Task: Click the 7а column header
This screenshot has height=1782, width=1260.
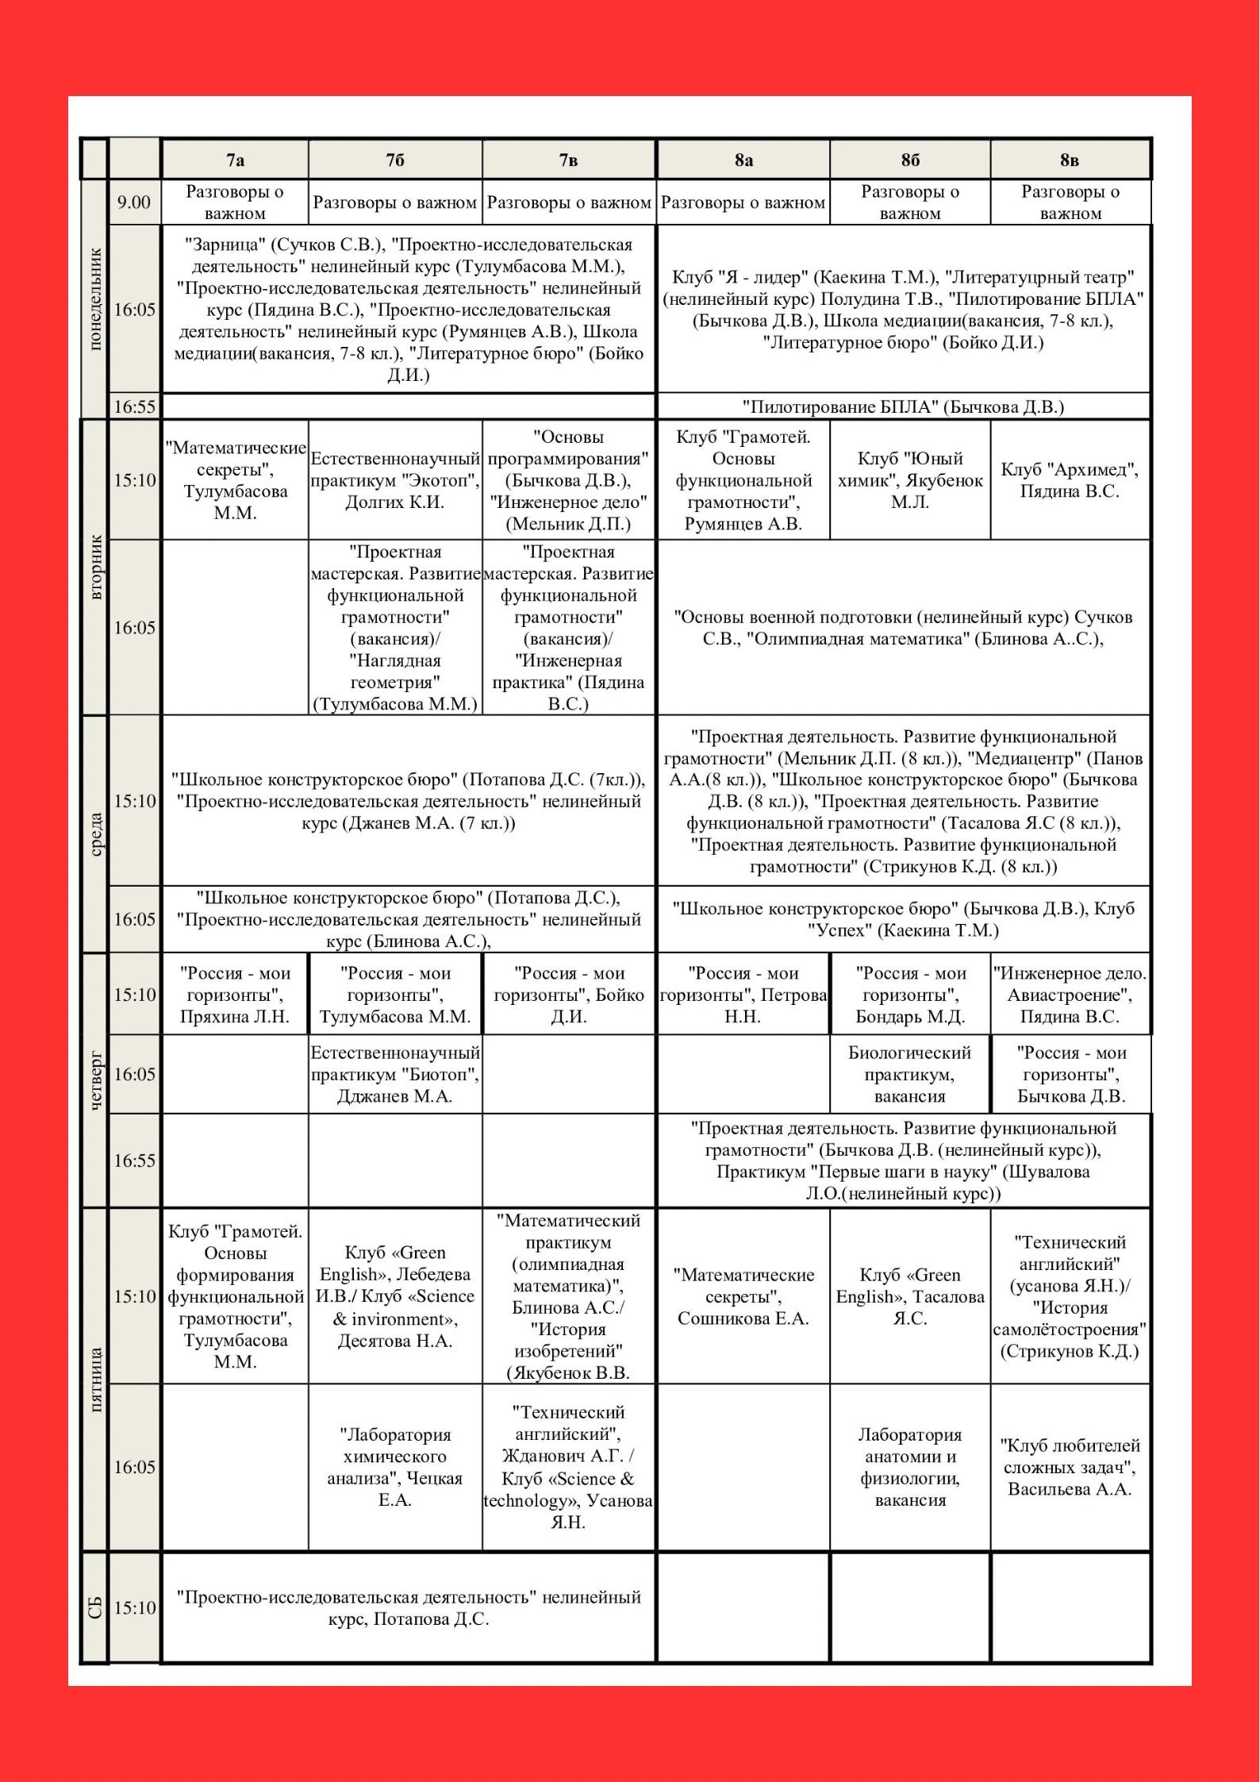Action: pyautogui.click(x=235, y=160)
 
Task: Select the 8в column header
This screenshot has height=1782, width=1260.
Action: pyautogui.click(x=1070, y=160)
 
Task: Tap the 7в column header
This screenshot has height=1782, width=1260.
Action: pyautogui.click(x=568, y=160)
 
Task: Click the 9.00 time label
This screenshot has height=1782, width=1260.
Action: pyautogui.click(x=133, y=202)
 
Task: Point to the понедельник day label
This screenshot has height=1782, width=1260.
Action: pyautogui.click(x=94, y=298)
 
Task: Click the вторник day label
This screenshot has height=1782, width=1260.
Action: pyautogui.click(x=94, y=567)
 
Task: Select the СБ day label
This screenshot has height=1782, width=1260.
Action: pyautogui.click(x=94, y=1608)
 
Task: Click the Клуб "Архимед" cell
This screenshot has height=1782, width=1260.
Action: pyautogui.click(x=1070, y=480)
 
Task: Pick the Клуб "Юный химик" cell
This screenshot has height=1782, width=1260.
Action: pyautogui.click(x=909, y=480)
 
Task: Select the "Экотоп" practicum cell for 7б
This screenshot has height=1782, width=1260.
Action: pyautogui.click(x=395, y=480)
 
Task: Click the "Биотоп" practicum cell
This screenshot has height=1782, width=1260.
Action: pyautogui.click(x=395, y=1074)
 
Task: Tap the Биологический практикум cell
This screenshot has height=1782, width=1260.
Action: pyautogui.click(x=909, y=1074)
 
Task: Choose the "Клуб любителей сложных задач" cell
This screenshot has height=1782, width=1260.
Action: pyautogui.click(x=1070, y=1467)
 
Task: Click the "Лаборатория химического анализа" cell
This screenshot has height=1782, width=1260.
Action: pyautogui.click(x=395, y=1467)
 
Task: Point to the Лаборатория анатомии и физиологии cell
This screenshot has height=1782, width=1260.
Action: pyautogui.click(x=909, y=1467)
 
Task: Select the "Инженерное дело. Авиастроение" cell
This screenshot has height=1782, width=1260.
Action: pyautogui.click(x=1070, y=995)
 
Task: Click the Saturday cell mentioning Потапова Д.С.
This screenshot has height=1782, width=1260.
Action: pyautogui.click(x=409, y=1608)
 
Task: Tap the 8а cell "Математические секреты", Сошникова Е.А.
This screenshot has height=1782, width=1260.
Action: pyautogui.click(x=743, y=1296)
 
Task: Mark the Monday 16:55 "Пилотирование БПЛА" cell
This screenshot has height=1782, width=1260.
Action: pyautogui.click(x=903, y=407)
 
